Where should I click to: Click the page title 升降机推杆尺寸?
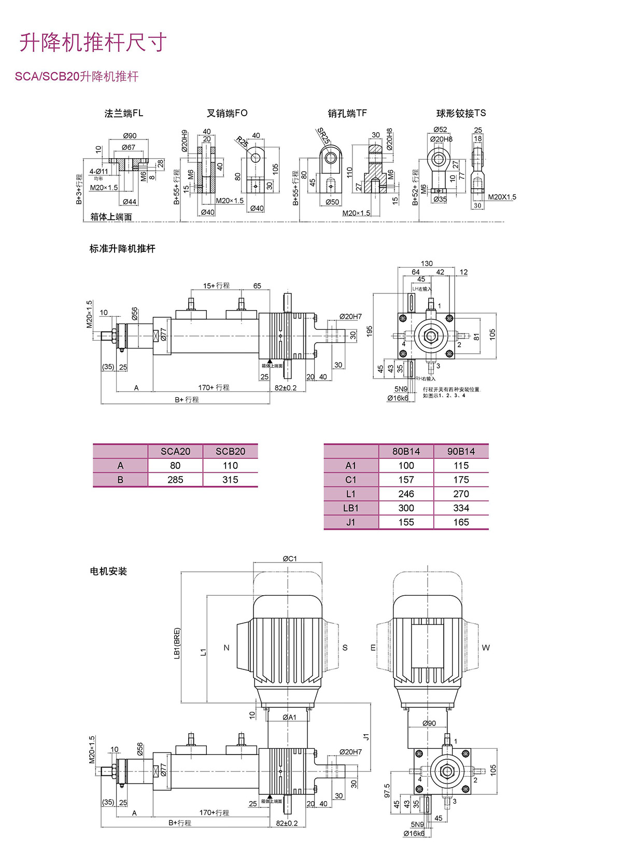[x=93, y=43]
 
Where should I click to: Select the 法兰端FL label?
[x=123, y=113]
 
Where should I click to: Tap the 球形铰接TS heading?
[x=461, y=113]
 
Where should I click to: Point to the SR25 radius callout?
[x=323, y=136]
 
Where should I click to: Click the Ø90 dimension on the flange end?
[x=130, y=136]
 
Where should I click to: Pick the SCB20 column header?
[x=230, y=451]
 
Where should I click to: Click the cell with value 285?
[x=175, y=480]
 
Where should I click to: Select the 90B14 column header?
[x=461, y=451]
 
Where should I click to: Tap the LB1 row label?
[x=351, y=508]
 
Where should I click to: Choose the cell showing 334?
[x=461, y=508]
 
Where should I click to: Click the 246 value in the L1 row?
[x=406, y=494]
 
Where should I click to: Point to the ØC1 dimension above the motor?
[x=290, y=558]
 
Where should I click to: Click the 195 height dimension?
[x=370, y=331]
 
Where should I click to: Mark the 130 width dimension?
[x=427, y=263]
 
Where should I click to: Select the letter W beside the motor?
[x=486, y=648]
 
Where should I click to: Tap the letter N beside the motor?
[x=226, y=648]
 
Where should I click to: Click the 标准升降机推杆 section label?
[x=122, y=249]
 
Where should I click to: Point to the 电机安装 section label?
[x=108, y=571]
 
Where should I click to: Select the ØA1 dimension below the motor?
[x=289, y=717]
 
